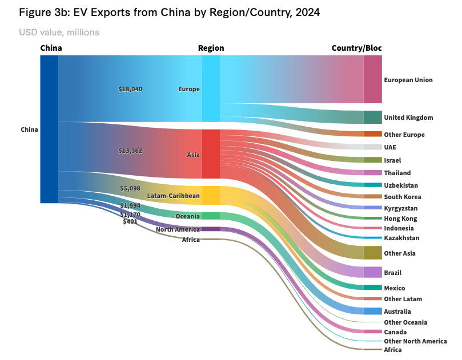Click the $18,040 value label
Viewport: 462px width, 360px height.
(130, 90)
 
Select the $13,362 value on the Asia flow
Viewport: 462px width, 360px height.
(130, 151)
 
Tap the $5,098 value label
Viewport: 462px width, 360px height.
(130, 188)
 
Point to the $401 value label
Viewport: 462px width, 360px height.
(130, 221)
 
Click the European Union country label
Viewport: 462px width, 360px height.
(408, 80)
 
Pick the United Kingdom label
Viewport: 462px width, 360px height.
(408, 118)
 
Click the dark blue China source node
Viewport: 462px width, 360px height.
(49, 130)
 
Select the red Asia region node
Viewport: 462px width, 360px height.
(211, 154)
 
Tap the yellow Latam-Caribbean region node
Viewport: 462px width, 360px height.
(211, 195)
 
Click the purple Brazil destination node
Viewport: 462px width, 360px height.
(372, 272)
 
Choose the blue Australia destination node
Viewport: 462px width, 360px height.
(372, 312)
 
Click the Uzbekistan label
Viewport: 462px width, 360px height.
(401, 185)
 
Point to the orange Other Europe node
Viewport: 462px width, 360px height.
(372, 134)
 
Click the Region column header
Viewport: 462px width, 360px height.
(211, 48)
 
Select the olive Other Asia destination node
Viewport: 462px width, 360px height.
(372, 253)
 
